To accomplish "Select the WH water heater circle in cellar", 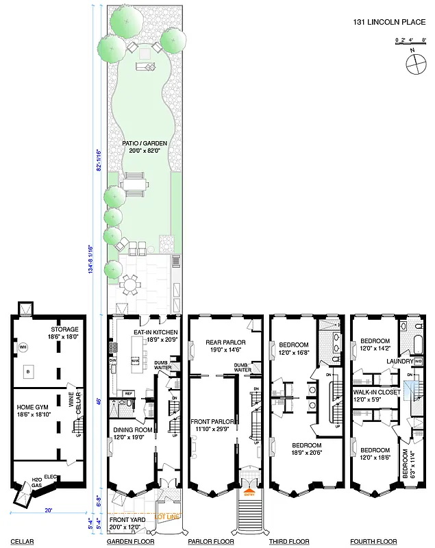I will tap(22, 347).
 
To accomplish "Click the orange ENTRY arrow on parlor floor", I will tap(247, 489).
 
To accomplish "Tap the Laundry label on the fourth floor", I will tap(399, 361).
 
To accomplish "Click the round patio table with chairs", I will tap(129, 282).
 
